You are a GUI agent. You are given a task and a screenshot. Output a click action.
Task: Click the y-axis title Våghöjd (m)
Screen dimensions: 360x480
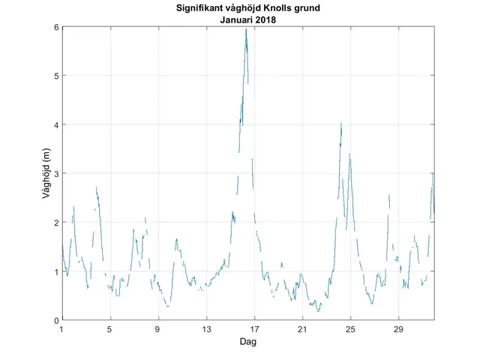[46, 173]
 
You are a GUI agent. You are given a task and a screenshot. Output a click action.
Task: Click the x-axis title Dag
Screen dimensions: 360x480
[247, 341]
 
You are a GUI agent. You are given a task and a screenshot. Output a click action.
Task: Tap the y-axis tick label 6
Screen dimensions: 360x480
[55, 27]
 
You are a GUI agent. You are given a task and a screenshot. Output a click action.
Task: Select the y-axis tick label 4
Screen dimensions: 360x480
[55, 124]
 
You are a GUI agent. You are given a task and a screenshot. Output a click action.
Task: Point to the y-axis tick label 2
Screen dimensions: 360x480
[55, 223]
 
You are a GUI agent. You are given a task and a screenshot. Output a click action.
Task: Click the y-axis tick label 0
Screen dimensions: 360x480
[55, 320]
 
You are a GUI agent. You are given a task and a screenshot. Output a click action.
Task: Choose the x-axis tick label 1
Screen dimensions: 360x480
[62, 330]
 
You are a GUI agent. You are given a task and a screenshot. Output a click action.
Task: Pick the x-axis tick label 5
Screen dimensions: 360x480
[110, 330]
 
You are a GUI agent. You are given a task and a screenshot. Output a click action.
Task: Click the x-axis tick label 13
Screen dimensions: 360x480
[206, 330]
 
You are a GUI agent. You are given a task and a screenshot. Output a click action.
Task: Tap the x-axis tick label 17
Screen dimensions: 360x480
[254, 330]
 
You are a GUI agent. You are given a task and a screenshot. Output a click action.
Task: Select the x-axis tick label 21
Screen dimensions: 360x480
[302, 330]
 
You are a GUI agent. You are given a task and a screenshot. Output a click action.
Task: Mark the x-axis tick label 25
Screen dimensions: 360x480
[350, 330]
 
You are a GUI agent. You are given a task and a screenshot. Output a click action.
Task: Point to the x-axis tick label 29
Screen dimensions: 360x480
[398, 330]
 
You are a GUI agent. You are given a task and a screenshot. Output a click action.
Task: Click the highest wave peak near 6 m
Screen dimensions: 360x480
[246, 30]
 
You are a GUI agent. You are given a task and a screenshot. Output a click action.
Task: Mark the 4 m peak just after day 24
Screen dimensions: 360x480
[341, 124]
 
